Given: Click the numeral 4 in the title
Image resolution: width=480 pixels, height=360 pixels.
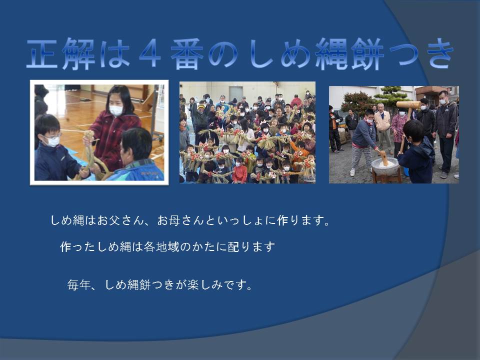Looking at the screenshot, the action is point(150,53).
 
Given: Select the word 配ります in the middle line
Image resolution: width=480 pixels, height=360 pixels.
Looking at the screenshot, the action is point(251,246).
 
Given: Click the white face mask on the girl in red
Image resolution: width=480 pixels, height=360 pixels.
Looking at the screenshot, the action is point(116,110).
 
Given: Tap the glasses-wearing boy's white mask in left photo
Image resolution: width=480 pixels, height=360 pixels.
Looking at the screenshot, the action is point(53,141).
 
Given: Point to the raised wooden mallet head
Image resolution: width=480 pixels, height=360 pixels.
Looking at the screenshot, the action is point(408,105).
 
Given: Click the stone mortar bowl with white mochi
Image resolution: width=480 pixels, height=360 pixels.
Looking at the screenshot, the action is point(385,166).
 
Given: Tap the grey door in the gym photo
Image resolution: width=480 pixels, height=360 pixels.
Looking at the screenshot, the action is point(235,94).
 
